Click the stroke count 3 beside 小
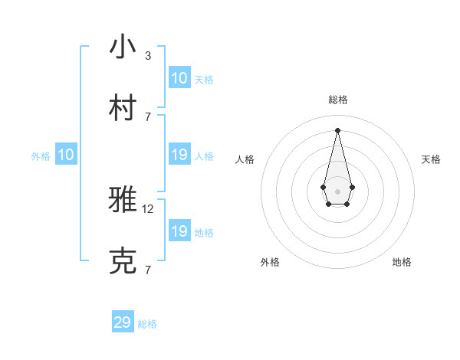148,56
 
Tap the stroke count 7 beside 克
148,270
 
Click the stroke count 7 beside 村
148,117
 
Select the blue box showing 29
123,322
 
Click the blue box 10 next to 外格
66,155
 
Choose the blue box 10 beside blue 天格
179,78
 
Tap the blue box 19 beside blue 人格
179,155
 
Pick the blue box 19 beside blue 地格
179,231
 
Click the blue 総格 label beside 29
147,324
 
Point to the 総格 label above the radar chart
337,100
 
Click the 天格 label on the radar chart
431,159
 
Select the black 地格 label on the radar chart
402,262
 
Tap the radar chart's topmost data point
337,130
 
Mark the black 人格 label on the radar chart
245,159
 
